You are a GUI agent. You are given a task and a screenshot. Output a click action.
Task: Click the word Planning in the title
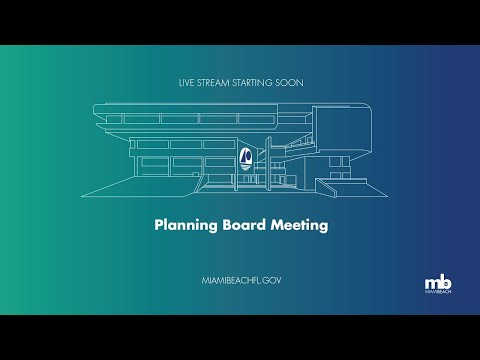186,226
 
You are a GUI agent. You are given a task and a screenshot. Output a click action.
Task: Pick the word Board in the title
244,225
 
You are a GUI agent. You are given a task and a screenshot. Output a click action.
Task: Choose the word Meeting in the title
299,226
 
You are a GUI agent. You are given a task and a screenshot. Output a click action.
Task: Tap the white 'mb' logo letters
436,281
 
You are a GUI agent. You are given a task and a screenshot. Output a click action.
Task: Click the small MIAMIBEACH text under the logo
437,293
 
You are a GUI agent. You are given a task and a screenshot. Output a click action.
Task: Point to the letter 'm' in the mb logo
430,281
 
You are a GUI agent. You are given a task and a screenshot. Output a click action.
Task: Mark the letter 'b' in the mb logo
443,280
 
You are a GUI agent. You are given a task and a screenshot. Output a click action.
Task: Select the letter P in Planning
158,225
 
